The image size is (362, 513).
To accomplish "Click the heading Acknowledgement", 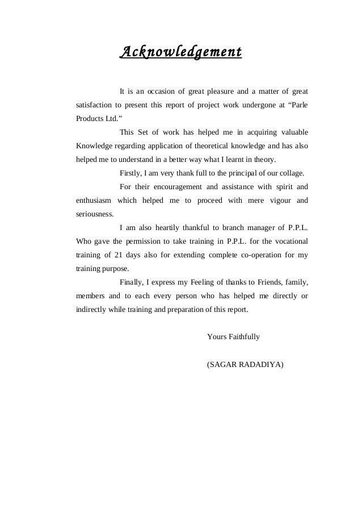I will [180, 53].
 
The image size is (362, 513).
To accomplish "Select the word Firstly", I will [131, 173].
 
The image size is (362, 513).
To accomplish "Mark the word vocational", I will [289, 241].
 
